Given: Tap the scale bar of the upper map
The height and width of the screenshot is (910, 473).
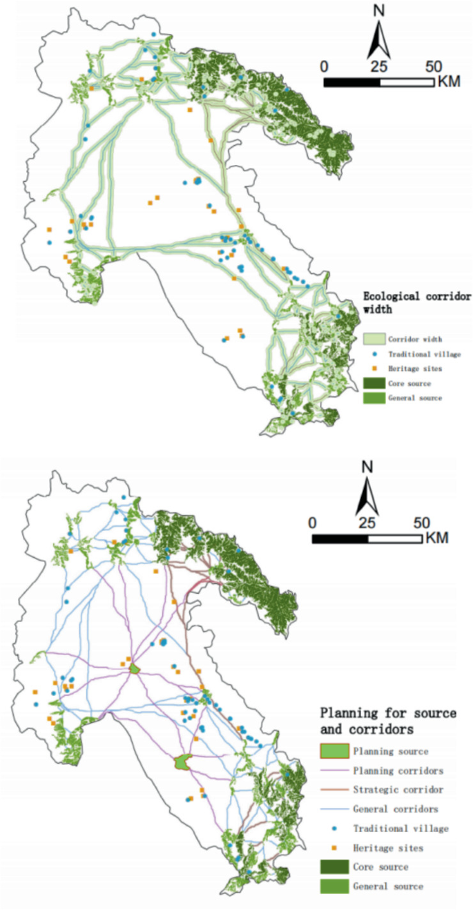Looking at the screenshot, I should [379, 81].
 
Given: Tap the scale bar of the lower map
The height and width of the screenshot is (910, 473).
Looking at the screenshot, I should [367, 538].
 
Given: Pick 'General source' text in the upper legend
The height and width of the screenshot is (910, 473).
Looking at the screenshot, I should [415, 398].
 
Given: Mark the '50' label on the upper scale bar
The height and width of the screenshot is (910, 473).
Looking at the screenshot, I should [433, 67].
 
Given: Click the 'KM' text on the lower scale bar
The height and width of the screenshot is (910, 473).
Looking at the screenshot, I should [438, 537].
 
